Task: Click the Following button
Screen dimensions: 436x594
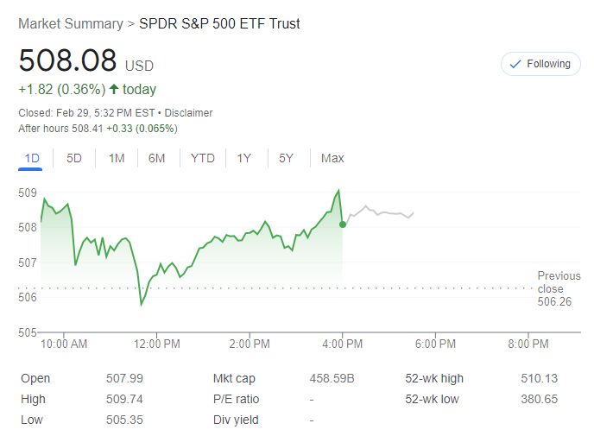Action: pyautogui.click(x=541, y=64)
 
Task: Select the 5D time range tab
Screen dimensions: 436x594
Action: pyautogui.click(x=74, y=158)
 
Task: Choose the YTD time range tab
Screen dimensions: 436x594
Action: pyautogui.click(x=203, y=158)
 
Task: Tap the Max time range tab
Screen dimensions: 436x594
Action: pyautogui.click(x=332, y=158)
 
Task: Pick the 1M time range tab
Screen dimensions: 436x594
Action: pyautogui.click(x=117, y=158)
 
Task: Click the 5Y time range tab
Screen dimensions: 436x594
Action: pyautogui.click(x=286, y=158)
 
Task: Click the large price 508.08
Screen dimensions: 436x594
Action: pyautogui.click(x=67, y=61)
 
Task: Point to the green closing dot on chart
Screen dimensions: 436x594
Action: pyautogui.click(x=343, y=224)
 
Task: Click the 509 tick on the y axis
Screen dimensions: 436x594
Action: pyautogui.click(x=27, y=193)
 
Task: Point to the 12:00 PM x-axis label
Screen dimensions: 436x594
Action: pyautogui.click(x=157, y=344)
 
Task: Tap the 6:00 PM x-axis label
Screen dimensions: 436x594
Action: pyautogui.click(x=435, y=344)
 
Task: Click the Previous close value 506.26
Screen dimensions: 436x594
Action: pyautogui.click(x=553, y=301)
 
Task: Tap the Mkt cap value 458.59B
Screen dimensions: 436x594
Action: pyautogui.click(x=332, y=378)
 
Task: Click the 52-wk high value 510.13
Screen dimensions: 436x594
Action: pyautogui.click(x=540, y=378)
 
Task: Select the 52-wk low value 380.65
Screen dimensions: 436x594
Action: pyautogui.click(x=540, y=399)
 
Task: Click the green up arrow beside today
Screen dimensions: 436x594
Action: pyautogui.click(x=114, y=89)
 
